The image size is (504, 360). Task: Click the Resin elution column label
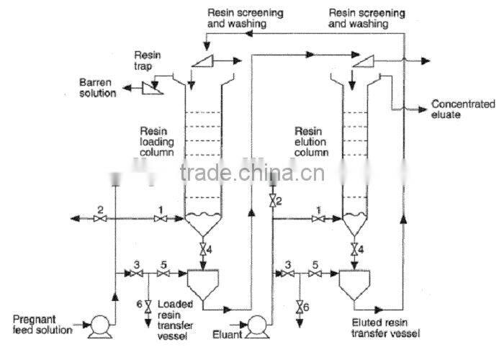coord(312,142)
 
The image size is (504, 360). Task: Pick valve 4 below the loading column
coord(204,249)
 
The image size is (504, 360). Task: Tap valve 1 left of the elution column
coord(316,218)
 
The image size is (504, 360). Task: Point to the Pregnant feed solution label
coord(42,324)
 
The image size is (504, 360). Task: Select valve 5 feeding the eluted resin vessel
coord(315,274)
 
